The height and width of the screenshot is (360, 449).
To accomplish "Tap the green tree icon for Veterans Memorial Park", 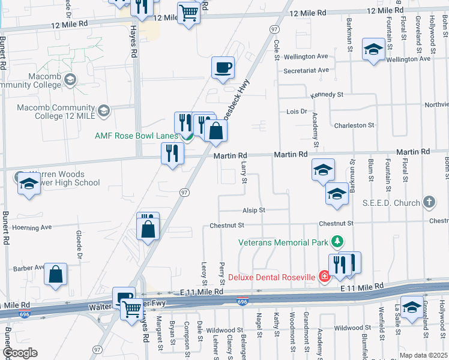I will pos(338,242).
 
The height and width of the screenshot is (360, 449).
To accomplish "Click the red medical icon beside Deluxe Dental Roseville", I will pos(325,277).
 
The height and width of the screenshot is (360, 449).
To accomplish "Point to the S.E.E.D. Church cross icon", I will pos(429,202).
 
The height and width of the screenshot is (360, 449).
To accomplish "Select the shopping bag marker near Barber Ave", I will pos(56,274).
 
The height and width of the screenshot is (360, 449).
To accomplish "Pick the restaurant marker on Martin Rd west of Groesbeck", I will pos(172,153).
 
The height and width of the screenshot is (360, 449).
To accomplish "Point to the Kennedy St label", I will pos(327,95).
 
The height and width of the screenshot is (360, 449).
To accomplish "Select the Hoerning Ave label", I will pos(29,228).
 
